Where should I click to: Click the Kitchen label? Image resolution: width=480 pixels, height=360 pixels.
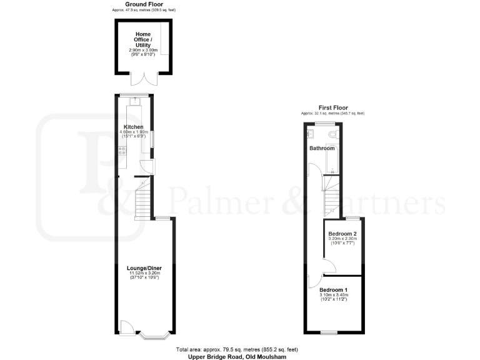134,127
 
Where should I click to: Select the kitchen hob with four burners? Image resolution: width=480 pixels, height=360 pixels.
122,149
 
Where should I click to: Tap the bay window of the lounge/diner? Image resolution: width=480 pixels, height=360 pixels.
154,336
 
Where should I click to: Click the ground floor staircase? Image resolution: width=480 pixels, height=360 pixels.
144,202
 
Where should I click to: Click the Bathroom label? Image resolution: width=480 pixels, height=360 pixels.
322,148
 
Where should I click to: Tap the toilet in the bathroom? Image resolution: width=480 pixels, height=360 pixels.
334,134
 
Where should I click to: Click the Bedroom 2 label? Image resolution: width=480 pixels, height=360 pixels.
342,234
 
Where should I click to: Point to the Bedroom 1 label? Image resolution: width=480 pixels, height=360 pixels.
333,290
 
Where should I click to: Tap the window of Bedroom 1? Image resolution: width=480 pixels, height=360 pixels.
329,332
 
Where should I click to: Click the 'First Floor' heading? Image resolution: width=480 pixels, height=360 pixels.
332,107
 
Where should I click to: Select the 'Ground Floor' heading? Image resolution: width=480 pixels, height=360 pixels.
144,4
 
